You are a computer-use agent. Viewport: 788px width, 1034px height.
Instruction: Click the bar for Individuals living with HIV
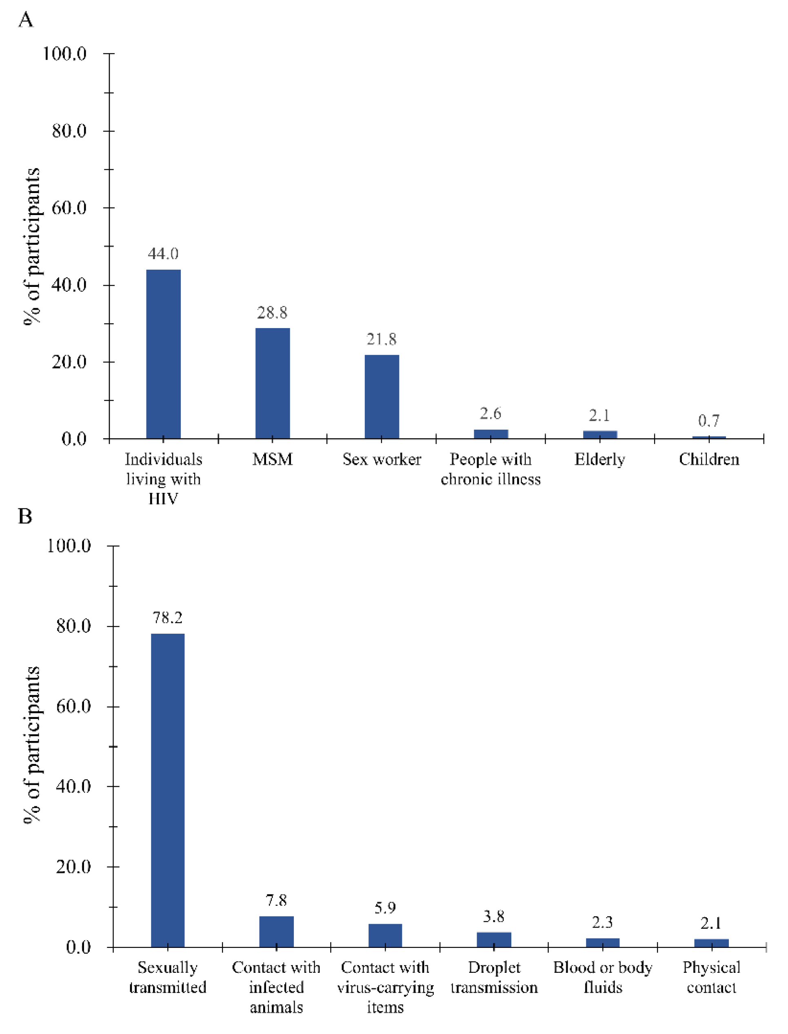click(x=163, y=354)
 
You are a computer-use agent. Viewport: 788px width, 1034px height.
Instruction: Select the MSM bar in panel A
click(x=273, y=383)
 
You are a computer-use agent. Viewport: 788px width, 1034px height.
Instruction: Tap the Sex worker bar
click(x=382, y=397)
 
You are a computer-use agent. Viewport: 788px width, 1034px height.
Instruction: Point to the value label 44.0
click(x=163, y=254)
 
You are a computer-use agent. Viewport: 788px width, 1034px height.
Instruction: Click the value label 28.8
click(x=272, y=312)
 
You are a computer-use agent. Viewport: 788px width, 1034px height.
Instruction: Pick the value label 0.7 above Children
click(x=709, y=421)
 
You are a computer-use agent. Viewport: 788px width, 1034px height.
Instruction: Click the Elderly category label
click(x=599, y=459)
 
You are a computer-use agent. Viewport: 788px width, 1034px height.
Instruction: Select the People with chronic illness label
click(x=491, y=469)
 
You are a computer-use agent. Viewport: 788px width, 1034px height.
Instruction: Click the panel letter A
click(x=26, y=20)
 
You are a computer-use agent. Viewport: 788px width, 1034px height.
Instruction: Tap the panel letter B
click(x=25, y=516)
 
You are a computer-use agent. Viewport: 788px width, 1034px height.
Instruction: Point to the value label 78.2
click(x=167, y=618)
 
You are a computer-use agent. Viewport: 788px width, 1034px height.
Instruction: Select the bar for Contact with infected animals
click(x=276, y=931)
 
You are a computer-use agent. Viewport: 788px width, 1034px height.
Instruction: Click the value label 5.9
click(x=385, y=908)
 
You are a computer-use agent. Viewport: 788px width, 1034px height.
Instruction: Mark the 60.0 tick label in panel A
click(x=69, y=208)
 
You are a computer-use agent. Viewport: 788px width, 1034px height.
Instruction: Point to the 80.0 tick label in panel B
click(x=73, y=626)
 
